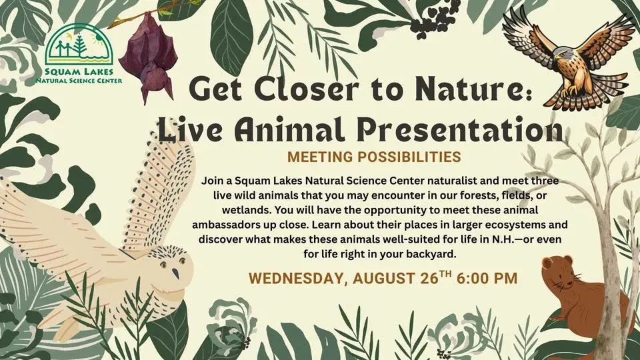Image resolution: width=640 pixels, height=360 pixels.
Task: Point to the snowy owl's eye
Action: (174, 273)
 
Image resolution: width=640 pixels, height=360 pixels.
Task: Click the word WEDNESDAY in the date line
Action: (289, 278)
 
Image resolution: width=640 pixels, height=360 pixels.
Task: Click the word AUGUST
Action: (373, 278)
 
